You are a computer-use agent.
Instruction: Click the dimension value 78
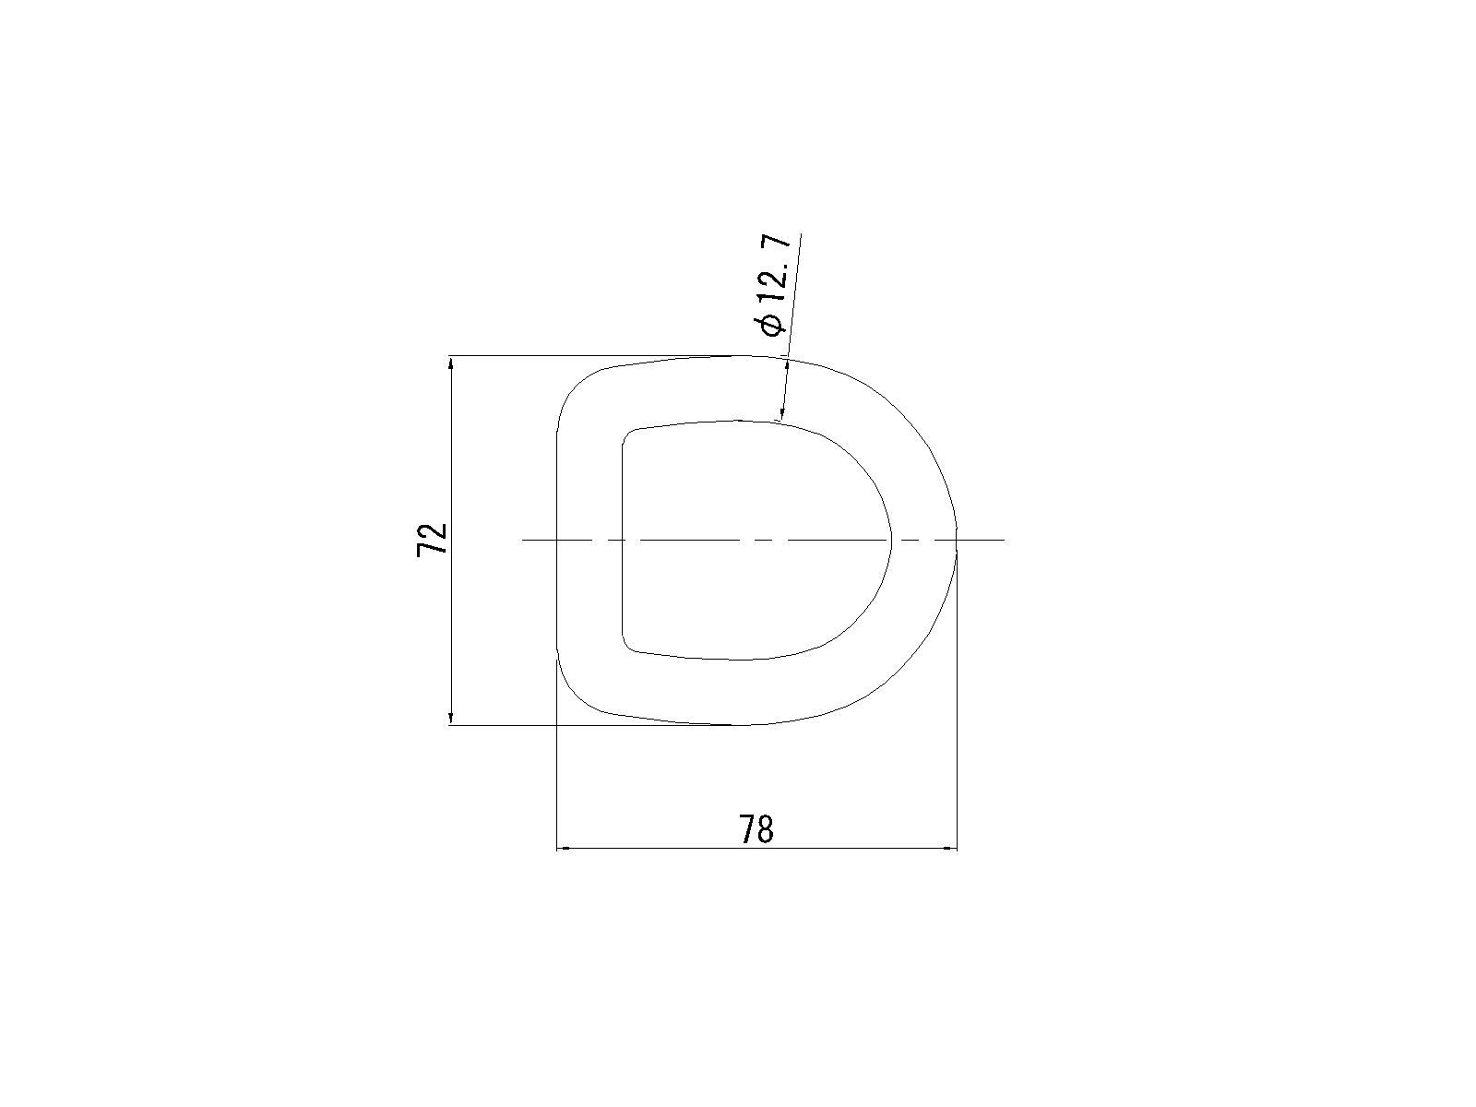[x=756, y=829]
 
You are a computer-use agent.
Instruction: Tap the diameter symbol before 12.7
[x=770, y=325]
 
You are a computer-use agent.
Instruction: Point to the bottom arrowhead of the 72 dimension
[x=451, y=717]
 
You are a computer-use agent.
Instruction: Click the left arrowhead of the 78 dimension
[x=565, y=849]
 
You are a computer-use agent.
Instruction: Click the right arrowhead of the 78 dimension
[x=949, y=849]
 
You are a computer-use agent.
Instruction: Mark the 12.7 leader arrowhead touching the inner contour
[x=782, y=414]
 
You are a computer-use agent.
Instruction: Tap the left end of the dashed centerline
[x=523, y=540]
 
